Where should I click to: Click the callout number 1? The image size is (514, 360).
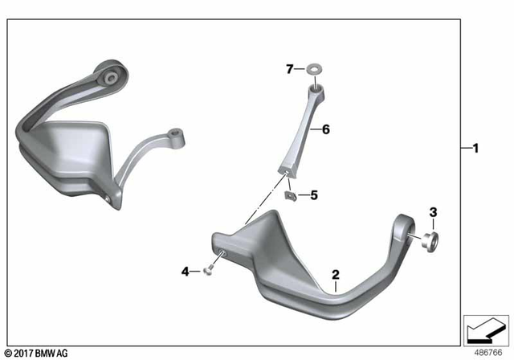(x=475, y=148)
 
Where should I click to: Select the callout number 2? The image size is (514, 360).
(x=336, y=276)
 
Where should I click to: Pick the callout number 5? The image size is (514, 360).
(x=314, y=195)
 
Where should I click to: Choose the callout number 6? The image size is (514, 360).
(x=326, y=129)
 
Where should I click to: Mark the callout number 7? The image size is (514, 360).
(x=290, y=69)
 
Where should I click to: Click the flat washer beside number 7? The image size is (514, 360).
(x=314, y=70)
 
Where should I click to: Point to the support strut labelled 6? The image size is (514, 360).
(x=303, y=129)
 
